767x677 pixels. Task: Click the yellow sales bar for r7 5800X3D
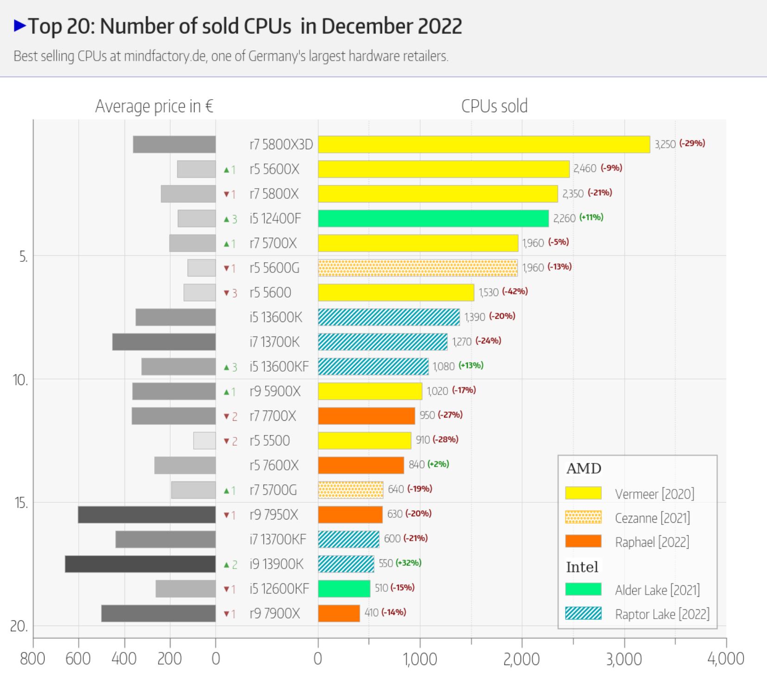[484, 145]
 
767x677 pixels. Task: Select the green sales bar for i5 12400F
[433, 218]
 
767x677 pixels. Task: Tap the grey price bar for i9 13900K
[140, 564]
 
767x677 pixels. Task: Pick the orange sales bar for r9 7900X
[339, 614]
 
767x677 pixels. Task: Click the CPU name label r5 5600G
[274, 268]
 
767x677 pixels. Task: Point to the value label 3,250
[665, 144]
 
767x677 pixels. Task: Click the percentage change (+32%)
[409, 563]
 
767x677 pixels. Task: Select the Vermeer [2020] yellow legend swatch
[583, 493]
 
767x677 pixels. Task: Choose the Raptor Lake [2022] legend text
[662, 614]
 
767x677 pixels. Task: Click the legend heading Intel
[582, 567]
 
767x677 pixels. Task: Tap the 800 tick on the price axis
[32, 659]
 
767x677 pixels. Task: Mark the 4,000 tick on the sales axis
[725, 659]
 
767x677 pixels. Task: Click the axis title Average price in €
[154, 107]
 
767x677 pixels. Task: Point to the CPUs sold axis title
[494, 107]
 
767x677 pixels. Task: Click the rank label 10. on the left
[20, 380]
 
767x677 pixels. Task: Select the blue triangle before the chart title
[20, 25]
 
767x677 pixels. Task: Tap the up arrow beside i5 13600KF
[226, 367]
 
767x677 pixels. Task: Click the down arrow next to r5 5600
[226, 293]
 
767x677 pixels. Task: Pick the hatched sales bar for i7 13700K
[383, 342]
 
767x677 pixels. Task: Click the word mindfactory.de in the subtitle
[164, 57]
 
